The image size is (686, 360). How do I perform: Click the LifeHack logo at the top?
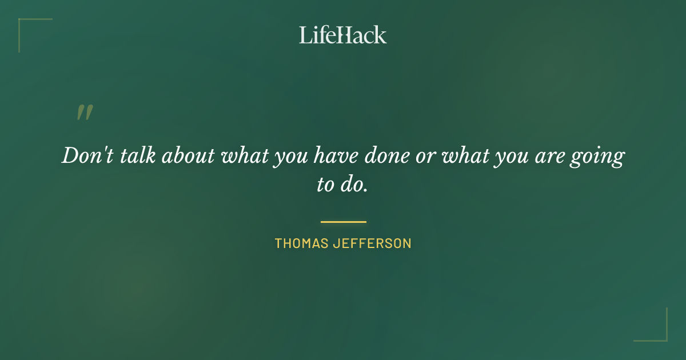click(343, 35)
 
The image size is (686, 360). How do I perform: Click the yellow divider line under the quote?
click(343, 222)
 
